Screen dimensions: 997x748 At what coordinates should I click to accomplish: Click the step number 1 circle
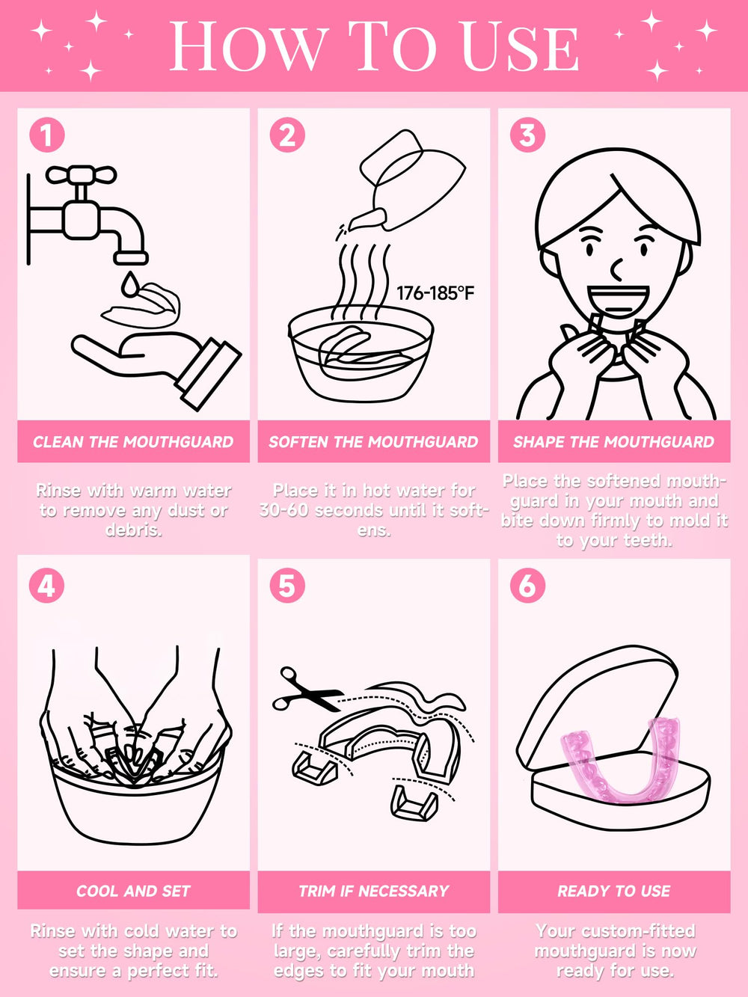pyautogui.click(x=46, y=135)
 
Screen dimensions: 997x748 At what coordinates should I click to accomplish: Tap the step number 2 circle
pyautogui.click(x=287, y=135)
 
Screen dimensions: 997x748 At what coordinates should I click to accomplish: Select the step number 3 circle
pyautogui.click(x=527, y=135)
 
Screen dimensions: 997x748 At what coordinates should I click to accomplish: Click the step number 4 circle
pyautogui.click(x=46, y=586)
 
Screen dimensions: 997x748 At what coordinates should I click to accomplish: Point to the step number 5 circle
pyautogui.click(x=287, y=586)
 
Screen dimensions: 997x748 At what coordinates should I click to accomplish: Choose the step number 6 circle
pyautogui.click(x=527, y=586)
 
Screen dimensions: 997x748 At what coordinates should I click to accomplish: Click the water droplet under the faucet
pyautogui.click(x=131, y=284)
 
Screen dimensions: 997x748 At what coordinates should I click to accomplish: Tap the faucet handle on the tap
pyautogui.click(x=81, y=176)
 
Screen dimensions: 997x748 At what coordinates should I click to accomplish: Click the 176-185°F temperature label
pyautogui.click(x=435, y=293)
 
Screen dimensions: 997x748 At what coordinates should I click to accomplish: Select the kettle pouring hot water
pyautogui.click(x=411, y=180)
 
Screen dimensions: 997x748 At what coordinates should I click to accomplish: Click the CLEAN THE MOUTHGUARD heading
pyautogui.click(x=133, y=442)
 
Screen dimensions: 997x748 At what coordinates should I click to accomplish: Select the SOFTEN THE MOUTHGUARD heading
pyautogui.click(x=373, y=442)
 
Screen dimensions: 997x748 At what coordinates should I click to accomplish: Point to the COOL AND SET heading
pyautogui.click(x=133, y=891)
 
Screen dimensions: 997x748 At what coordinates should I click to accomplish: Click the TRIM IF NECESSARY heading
pyautogui.click(x=373, y=891)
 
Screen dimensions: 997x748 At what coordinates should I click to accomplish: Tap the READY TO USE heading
pyautogui.click(x=613, y=891)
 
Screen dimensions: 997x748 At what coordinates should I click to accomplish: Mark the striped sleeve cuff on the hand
pyautogui.click(x=208, y=373)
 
